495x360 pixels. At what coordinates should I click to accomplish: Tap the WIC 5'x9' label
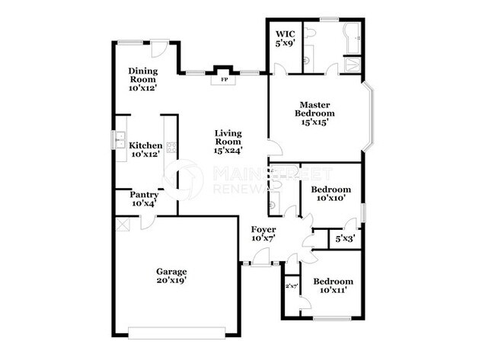coord(285,39)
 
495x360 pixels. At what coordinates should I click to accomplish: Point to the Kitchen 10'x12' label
coord(145,150)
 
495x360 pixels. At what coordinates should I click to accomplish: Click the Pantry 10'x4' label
coord(144,199)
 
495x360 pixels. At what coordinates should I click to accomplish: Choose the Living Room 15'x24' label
coord(228,141)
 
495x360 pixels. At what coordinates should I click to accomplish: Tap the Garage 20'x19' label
coord(172,276)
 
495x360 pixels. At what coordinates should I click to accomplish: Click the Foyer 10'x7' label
coord(263,234)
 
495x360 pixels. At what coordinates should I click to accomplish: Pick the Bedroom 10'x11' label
coord(334,285)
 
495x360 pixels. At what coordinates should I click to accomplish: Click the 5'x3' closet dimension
coord(345,238)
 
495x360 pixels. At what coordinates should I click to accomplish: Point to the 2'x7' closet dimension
coord(291,286)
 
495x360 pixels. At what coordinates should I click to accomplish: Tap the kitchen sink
coord(120,140)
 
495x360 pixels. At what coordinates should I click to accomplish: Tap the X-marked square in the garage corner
coord(122,225)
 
